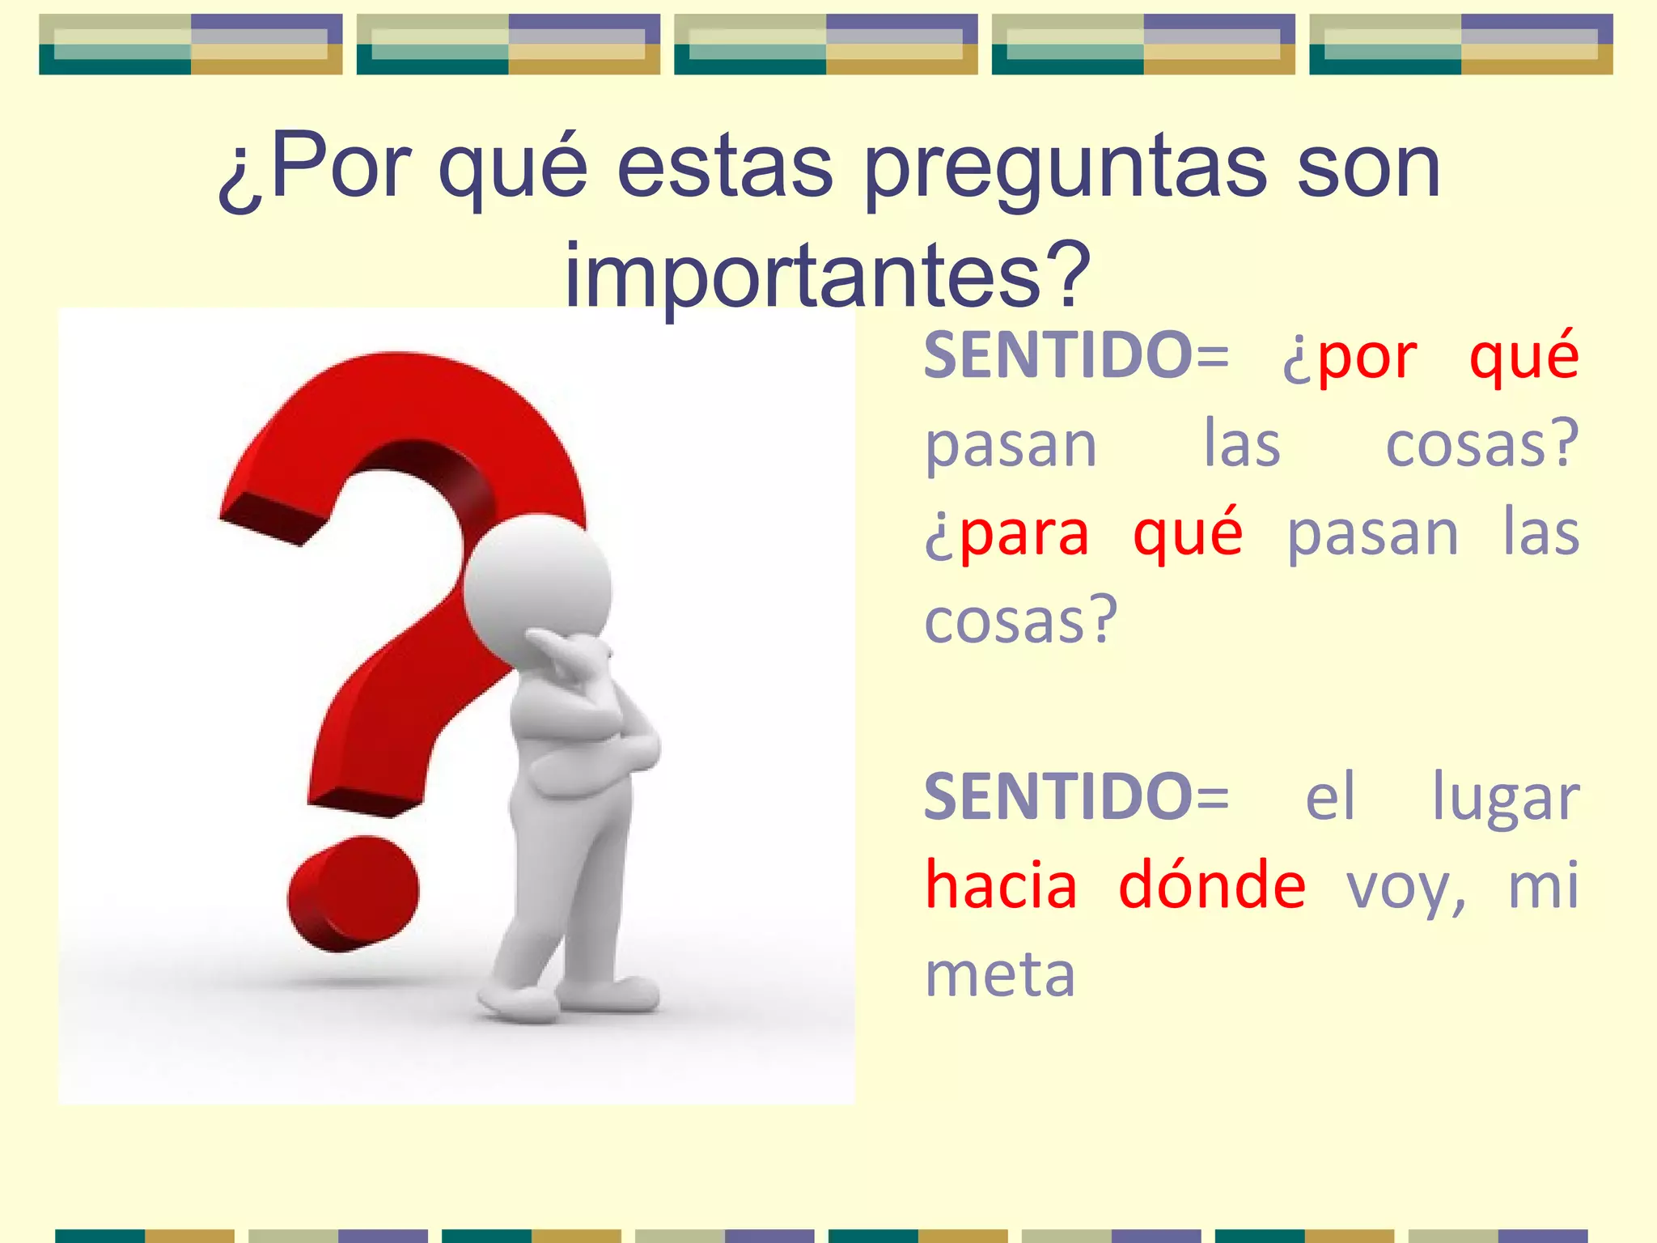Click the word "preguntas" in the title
(x=1065, y=170)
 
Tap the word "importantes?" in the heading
(x=828, y=277)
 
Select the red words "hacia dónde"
(x=1114, y=885)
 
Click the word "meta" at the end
(x=1000, y=974)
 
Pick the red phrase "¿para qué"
(x=1083, y=533)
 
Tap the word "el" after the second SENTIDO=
(x=1330, y=797)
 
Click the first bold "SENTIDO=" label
(x=1076, y=355)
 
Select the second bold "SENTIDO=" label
(x=1076, y=797)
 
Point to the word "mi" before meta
(x=1543, y=885)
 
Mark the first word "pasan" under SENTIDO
(x=1011, y=444)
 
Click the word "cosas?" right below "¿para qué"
(x=1021, y=621)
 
